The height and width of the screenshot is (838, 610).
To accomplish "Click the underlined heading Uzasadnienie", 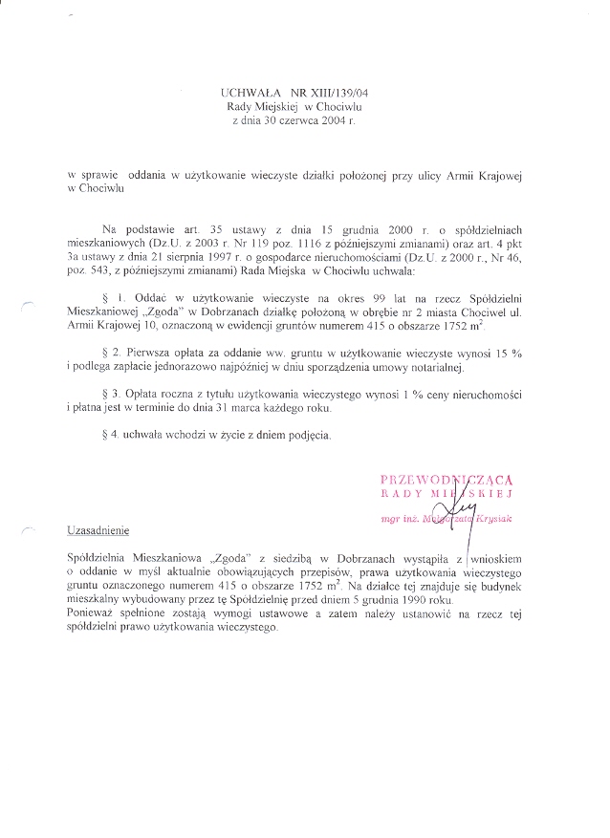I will tap(99, 528).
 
